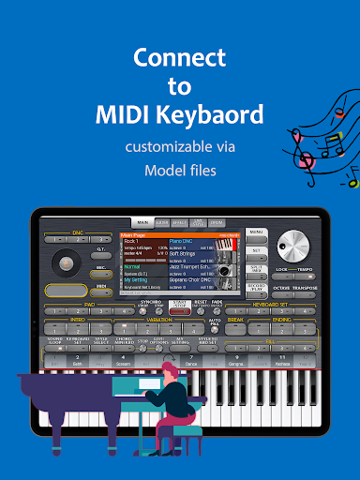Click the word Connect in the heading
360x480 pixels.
pyautogui.click(x=179, y=58)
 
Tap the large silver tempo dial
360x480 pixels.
pyautogui.click(x=293, y=246)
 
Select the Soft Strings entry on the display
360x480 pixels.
pyautogui.click(x=185, y=252)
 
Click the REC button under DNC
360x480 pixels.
pyautogui.click(x=100, y=268)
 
